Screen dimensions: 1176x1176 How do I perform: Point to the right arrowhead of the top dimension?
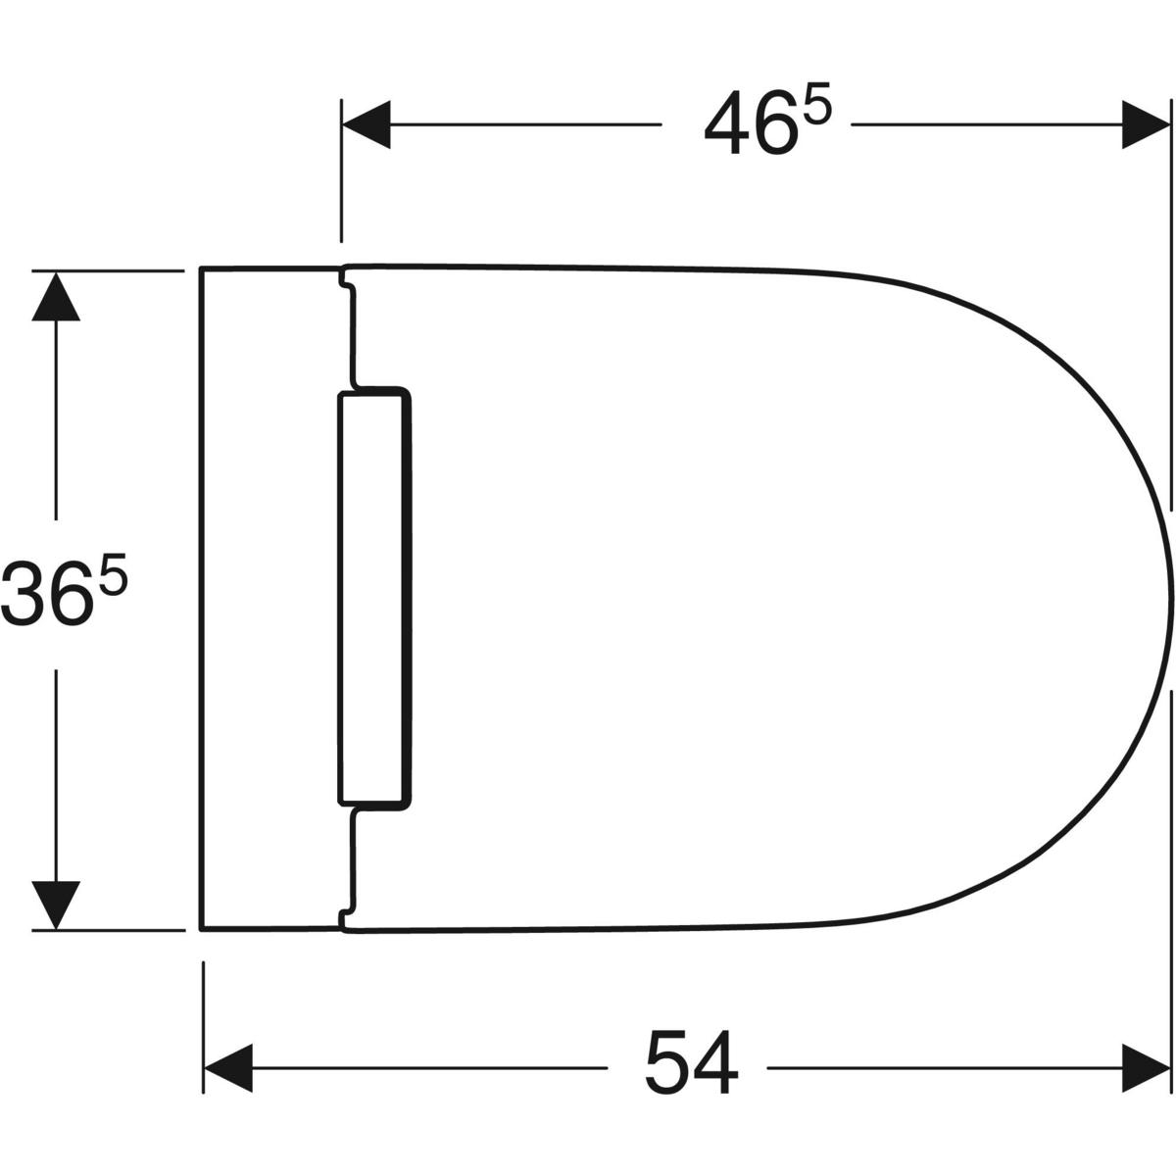(x=1147, y=125)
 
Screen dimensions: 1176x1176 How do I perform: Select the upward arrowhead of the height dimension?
(x=56, y=296)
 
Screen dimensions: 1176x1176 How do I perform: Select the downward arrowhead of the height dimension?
(x=56, y=904)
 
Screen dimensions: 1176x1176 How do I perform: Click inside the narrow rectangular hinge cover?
(x=372, y=598)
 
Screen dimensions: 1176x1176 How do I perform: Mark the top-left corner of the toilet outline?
(x=201, y=268)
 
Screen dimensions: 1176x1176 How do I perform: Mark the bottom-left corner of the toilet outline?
(x=201, y=928)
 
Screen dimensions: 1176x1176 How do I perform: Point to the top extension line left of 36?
(x=108, y=269)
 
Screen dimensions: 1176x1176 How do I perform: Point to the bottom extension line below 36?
(x=108, y=929)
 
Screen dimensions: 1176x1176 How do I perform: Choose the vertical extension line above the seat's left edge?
(x=341, y=171)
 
